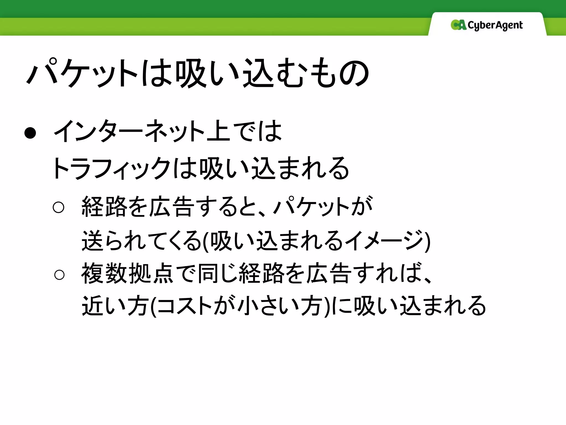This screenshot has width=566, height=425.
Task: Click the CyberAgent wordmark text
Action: (495, 25)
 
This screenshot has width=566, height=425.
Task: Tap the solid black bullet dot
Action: (30, 133)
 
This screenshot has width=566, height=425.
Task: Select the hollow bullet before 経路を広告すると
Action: (58, 207)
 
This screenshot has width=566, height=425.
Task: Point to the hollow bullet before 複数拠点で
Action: (59, 275)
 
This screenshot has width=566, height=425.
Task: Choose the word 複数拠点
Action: (127, 274)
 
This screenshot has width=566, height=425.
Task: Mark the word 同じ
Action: (217, 274)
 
